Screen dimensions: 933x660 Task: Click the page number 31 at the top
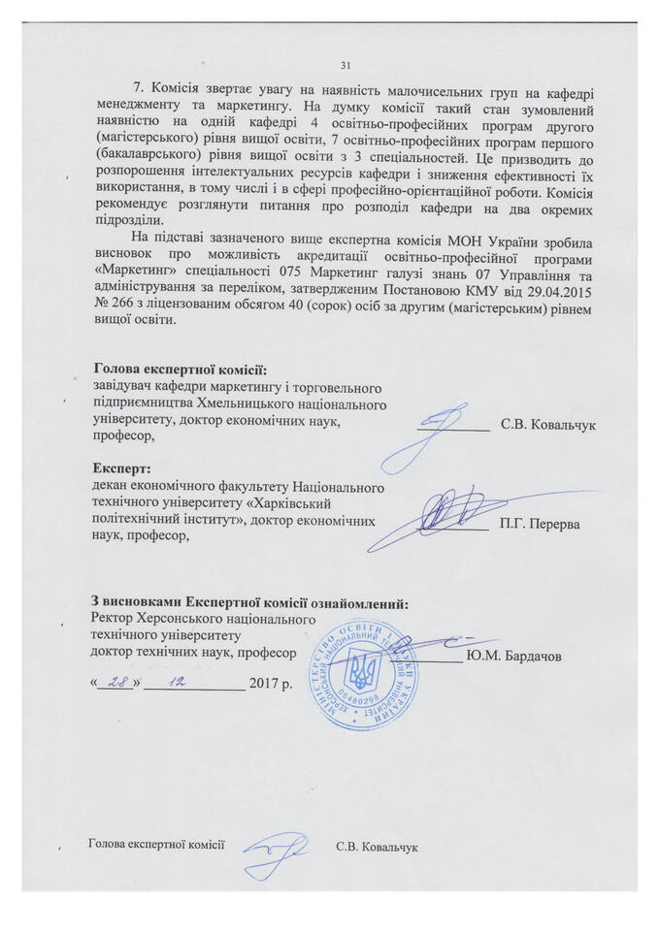[x=345, y=66]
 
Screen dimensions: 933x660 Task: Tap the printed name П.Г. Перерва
[x=540, y=525]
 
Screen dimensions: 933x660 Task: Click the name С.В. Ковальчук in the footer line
[x=377, y=847]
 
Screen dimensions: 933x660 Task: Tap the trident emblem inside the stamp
[x=365, y=670]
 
